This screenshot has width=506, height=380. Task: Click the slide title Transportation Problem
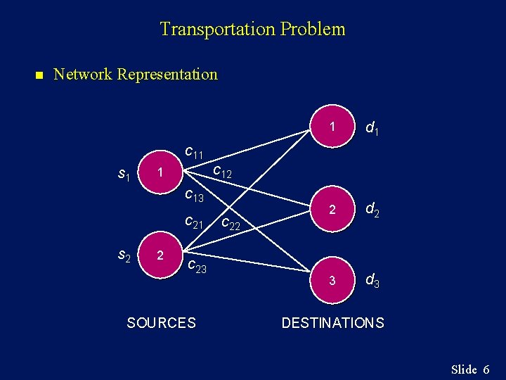click(252, 30)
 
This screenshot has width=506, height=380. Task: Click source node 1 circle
click(161, 172)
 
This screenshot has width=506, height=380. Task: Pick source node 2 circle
click(161, 255)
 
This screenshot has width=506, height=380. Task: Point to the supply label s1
click(124, 174)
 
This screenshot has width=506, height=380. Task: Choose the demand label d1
click(373, 129)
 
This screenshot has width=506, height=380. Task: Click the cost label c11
click(194, 151)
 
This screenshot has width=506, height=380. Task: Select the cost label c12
click(222, 172)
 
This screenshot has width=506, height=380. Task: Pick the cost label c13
click(194, 196)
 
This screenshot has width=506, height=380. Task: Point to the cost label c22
click(231, 225)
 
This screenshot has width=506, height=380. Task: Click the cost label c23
click(197, 266)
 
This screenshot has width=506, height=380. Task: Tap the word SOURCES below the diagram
click(161, 323)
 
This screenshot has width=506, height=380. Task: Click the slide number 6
click(486, 369)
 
